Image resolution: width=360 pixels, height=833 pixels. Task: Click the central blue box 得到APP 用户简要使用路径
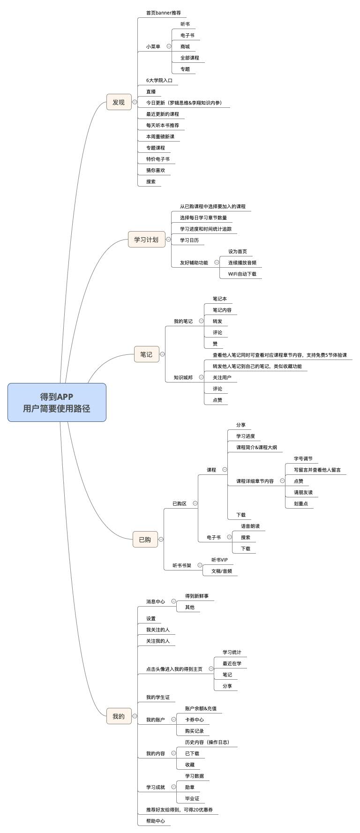click(x=57, y=402)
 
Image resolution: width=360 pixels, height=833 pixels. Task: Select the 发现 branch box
click(x=119, y=102)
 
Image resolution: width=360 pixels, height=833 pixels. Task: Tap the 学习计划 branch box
click(x=146, y=240)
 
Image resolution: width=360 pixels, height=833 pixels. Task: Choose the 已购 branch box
click(x=145, y=540)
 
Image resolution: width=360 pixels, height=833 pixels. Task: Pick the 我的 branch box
click(x=119, y=716)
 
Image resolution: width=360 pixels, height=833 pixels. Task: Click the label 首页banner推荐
click(x=163, y=13)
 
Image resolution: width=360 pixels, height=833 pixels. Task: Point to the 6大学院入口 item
click(x=159, y=80)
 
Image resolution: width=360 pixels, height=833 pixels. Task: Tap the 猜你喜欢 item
click(x=155, y=170)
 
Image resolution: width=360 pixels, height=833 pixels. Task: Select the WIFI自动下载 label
click(x=242, y=274)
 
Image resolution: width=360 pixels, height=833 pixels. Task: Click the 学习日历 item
click(x=189, y=240)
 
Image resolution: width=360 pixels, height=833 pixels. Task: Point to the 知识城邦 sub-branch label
click(x=183, y=377)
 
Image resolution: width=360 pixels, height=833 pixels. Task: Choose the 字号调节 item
click(x=303, y=458)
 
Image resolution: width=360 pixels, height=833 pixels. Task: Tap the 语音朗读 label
click(x=250, y=526)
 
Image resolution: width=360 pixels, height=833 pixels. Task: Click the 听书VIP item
click(x=219, y=560)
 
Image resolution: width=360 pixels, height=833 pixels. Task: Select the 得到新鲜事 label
click(x=196, y=596)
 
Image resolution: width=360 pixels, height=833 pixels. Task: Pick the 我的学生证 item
click(x=157, y=697)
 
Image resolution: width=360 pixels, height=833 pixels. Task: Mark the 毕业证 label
click(x=192, y=798)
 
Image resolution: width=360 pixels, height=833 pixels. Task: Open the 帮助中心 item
click(x=155, y=821)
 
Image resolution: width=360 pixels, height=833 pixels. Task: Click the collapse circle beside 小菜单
click(x=169, y=46)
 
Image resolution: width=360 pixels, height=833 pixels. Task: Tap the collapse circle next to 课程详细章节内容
click(x=282, y=481)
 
